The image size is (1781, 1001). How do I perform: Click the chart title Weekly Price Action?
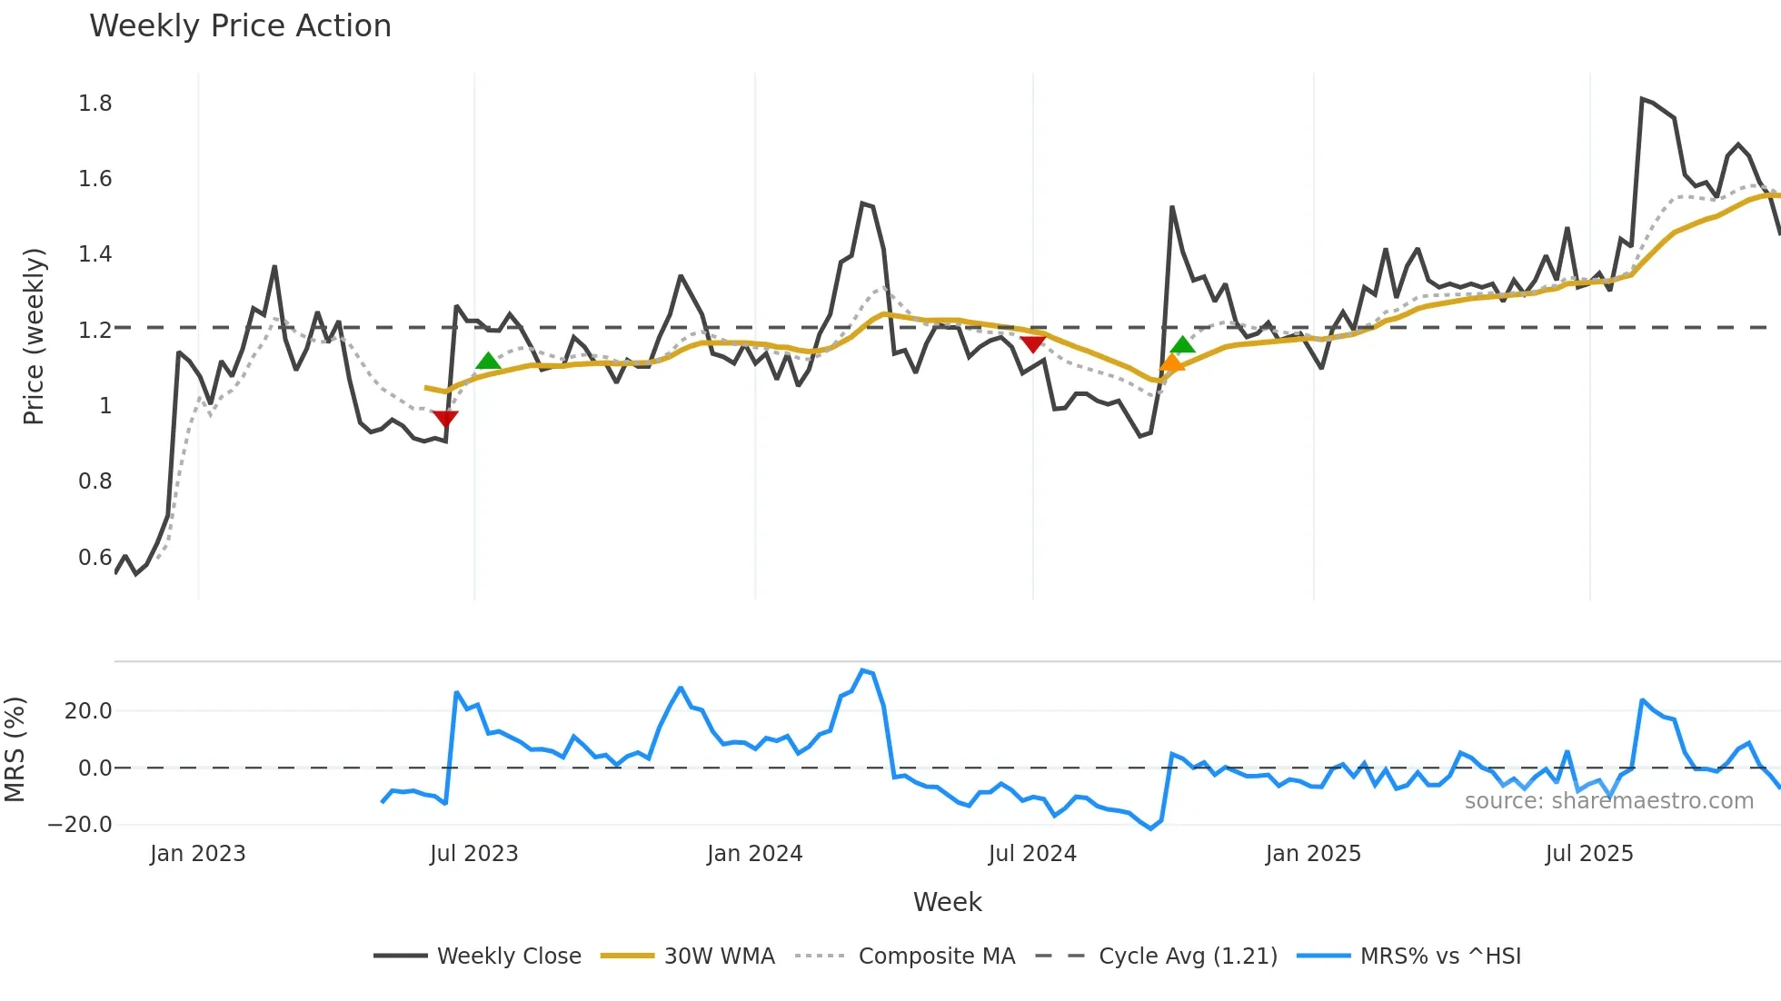(x=240, y=26)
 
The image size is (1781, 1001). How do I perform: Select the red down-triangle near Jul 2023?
(x=445, y=418)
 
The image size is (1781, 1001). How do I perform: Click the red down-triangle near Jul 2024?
(x=1033, y=344)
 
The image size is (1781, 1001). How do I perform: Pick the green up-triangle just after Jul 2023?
(x=488, y=362)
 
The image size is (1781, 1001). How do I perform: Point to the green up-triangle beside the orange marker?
(x=1183, y=344)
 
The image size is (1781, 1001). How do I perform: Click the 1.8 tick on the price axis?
(x=95, y=104)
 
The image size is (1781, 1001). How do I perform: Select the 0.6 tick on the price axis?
(x=95, y=557)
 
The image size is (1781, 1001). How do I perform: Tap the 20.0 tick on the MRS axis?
(x=88, y=711)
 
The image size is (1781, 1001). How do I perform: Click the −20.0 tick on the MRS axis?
(x=80, y=825)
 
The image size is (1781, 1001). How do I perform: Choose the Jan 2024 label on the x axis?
(x=754, y=854)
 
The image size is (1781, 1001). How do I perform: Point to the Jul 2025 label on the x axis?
(x=1589, y=854)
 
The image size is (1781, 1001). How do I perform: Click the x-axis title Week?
(x=947, y=902)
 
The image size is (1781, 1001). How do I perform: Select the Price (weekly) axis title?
(x=34, y=336)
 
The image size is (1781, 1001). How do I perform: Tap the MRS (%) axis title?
(x=15, y=749)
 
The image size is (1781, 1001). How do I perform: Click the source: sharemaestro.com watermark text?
(x=1608, y=801)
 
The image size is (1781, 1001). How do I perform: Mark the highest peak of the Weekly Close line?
(x=1642, y=98)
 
